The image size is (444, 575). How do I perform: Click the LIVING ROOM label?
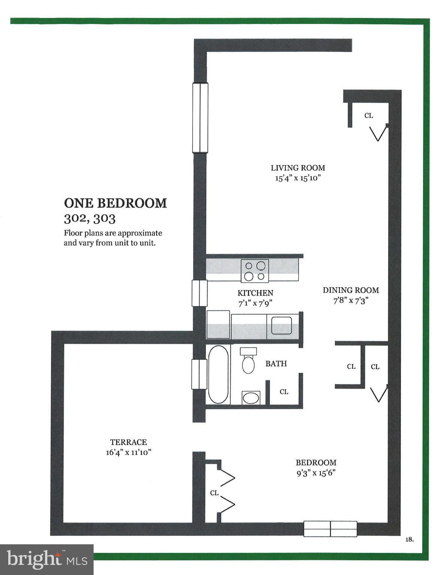(298, 168)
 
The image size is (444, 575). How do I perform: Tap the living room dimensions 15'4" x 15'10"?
(298, 178)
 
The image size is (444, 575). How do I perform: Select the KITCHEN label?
(255, 293)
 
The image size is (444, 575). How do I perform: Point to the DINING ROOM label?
(351, 290)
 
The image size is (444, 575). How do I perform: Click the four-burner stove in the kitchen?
(255, 271)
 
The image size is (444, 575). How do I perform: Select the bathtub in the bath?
(218, 374)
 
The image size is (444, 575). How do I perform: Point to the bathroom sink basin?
(251, 398)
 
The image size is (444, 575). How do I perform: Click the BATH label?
(276, 363)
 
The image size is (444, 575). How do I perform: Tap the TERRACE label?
(128, 442)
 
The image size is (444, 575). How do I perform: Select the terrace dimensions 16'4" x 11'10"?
(128, 452)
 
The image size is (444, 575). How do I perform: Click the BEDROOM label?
(316, 462)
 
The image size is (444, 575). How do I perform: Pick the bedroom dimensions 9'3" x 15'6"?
(316, 472)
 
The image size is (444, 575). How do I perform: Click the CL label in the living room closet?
(369, 116)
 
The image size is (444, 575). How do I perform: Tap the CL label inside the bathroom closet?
(284, 392)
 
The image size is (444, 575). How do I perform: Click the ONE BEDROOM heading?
(115, 203)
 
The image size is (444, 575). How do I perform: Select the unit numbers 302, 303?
(89, 218)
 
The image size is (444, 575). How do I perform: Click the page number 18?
(409, 539)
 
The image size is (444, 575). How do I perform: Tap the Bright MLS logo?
(47, 560)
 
